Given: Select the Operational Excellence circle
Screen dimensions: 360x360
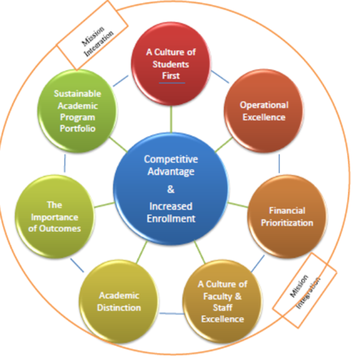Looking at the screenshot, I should tap(265, 111).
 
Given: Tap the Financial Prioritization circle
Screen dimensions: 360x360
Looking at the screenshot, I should tap(287, 216).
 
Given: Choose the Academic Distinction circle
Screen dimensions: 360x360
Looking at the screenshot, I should tap(119, 302).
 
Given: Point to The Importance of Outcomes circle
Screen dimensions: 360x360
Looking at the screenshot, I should tap(55, 216).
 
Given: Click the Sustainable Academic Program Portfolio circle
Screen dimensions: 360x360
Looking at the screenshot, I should tap(78, 111).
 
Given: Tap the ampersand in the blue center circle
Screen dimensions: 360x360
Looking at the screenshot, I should tap(170, 189).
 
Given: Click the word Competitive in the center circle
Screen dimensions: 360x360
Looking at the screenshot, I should tap(170, 159).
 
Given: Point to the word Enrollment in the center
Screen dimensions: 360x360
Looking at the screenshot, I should tap(170, 218).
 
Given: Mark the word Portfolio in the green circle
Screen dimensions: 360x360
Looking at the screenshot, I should tap(77, 129).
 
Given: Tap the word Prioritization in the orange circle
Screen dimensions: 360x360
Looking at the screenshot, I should tap(287, 223).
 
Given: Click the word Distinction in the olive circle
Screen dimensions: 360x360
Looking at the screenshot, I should tap(119, 308).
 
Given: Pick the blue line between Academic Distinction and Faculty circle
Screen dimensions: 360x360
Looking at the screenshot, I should tap(170, 313).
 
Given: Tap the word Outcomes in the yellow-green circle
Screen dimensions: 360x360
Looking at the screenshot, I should tap(55, 228).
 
